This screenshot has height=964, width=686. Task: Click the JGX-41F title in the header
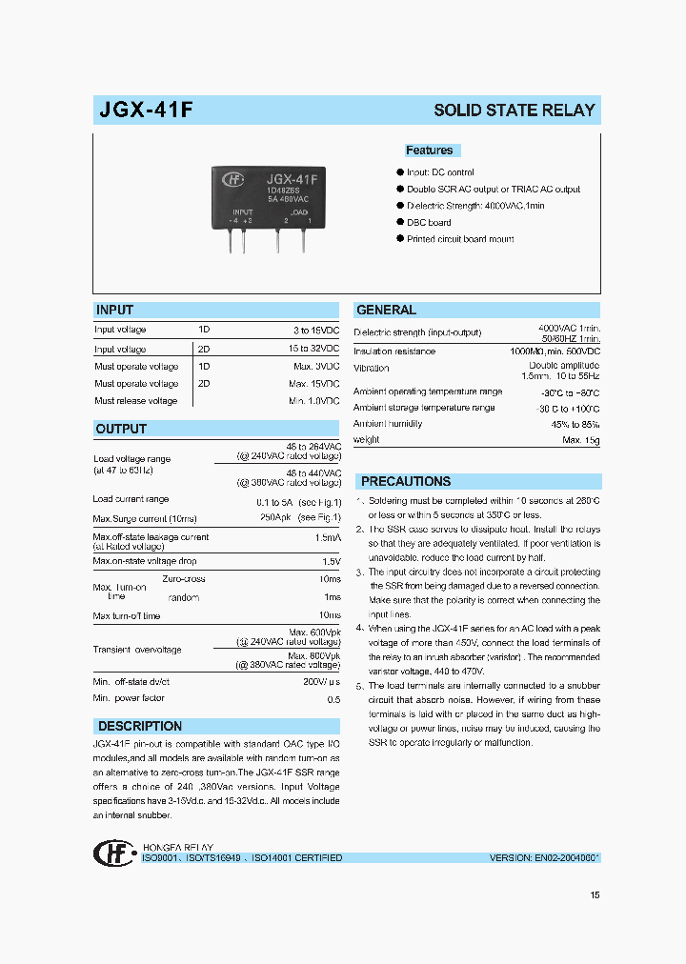tap(147, 110)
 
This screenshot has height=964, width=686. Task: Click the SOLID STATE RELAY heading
tap(514, 110)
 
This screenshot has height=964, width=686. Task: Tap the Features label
tap(430, 151)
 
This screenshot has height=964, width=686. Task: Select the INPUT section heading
tap(114, 310)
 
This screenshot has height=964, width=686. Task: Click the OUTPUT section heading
tap(121, 429)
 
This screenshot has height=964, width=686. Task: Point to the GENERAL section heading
tap(386, 310)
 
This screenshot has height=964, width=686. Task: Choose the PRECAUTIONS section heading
tap(406, 481)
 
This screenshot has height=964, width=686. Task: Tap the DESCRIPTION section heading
tap(140, 726)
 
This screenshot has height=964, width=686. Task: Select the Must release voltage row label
tap(135, 401)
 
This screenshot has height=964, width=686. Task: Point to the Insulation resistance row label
tap(394, 351)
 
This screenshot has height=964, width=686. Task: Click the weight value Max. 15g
tap(580, 440)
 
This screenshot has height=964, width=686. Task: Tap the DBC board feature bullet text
tap(429, 222)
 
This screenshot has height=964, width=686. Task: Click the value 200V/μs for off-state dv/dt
tap(321, 682)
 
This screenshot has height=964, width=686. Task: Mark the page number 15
tap(595, 894)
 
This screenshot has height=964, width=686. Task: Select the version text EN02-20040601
tap(545, 857)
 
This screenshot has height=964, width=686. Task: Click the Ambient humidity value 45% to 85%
tap(575, 424)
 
